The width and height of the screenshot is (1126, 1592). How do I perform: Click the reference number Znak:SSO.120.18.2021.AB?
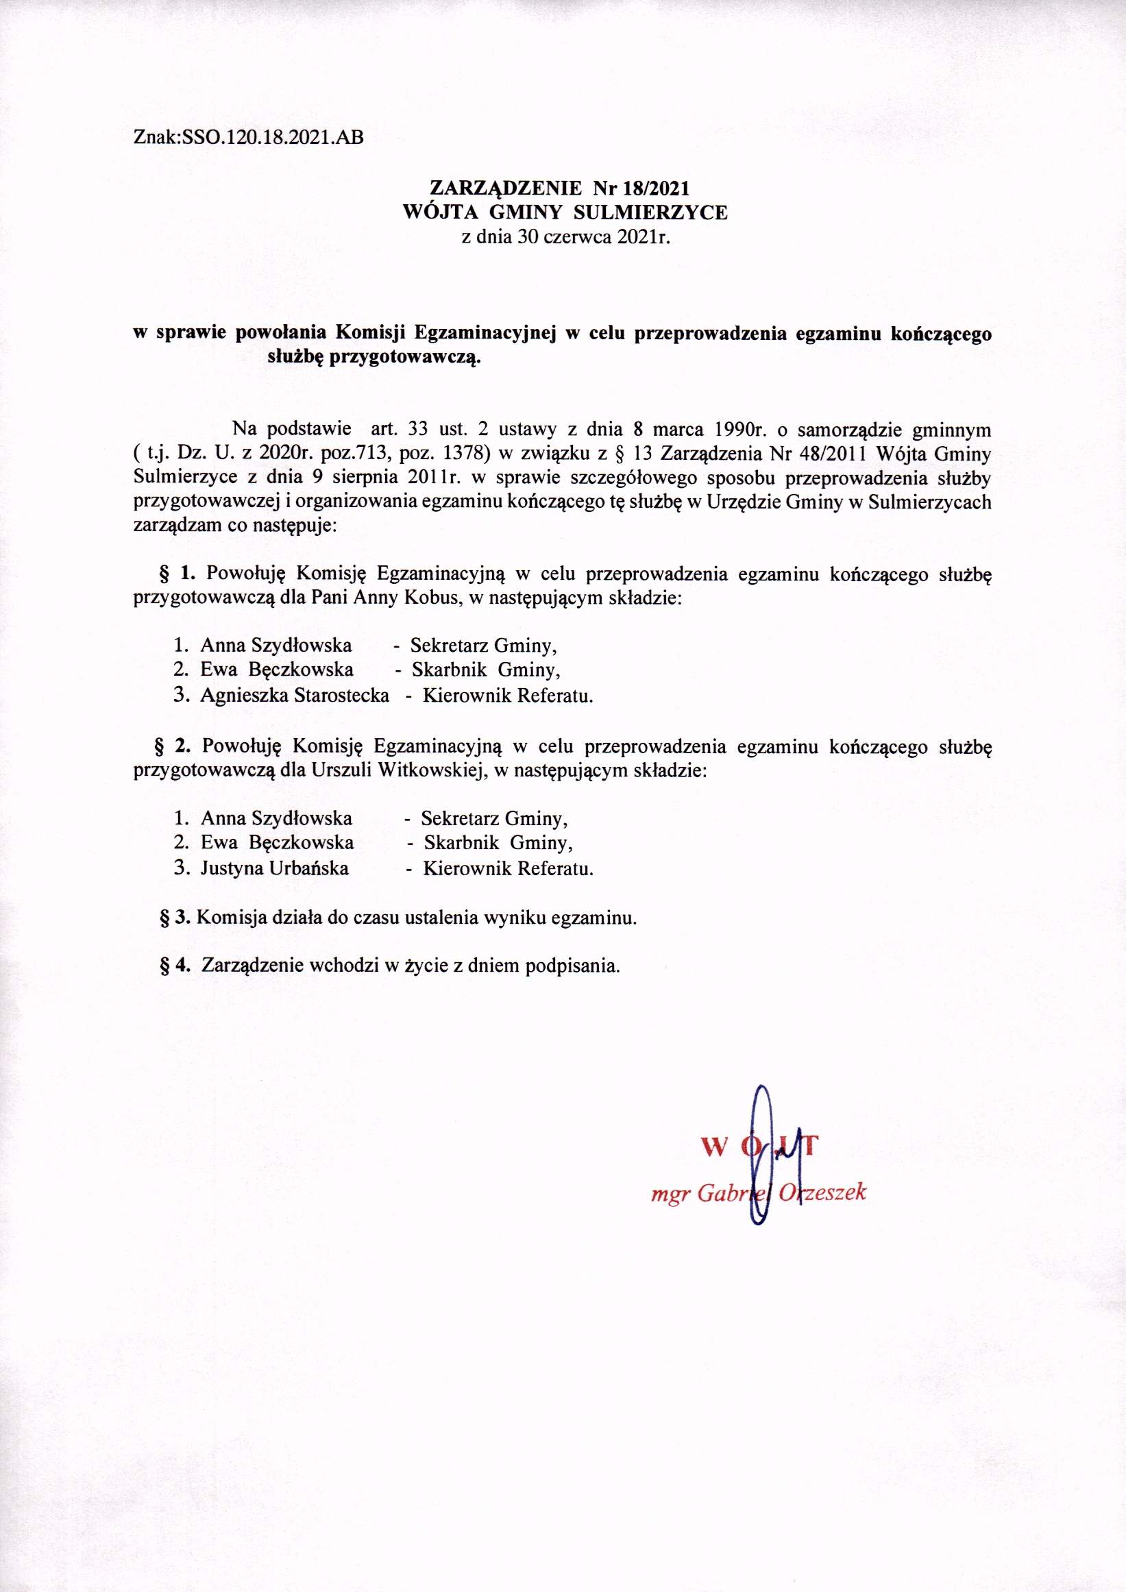pyautogui.click(x=247, y=138)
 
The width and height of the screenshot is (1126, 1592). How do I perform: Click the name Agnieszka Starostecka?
pyautogui.click(x=294, y=696)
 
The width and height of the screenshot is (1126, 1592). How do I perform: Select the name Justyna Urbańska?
pyautogui.click(x=275, y=868)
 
